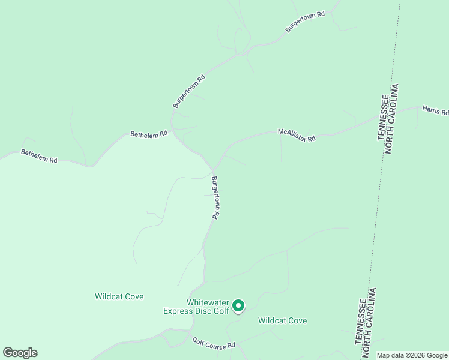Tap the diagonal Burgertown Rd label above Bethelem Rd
click(189, 91)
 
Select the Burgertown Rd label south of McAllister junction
click(215, 197)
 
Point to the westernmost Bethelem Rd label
click(39, 156)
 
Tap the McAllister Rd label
click(297, 134)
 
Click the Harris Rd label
click(435, 110)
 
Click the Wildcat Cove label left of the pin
click(119, 296)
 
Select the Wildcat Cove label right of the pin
click(282, 320)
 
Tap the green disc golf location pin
click(238, 306)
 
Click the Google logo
click(20, 353)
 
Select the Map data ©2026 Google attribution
click(412, 355)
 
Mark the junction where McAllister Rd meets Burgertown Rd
click(214, 170)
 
